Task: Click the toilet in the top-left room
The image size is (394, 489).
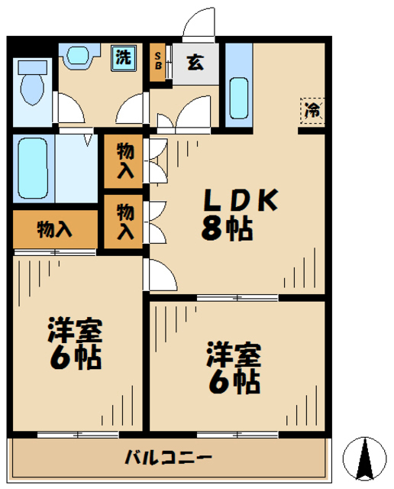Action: (x=33, y=86)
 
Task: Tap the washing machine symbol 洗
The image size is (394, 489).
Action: (x=123, y=58)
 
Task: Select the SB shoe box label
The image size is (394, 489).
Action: (x=159, y=59)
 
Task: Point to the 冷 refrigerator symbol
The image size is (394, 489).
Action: (x=312, y=110)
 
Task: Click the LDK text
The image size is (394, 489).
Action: (x=239, y=200)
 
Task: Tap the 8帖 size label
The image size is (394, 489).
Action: (x=227, y=228)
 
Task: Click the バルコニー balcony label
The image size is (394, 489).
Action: (x=169, y=458)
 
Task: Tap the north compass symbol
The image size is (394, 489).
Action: (x=364, y=459)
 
